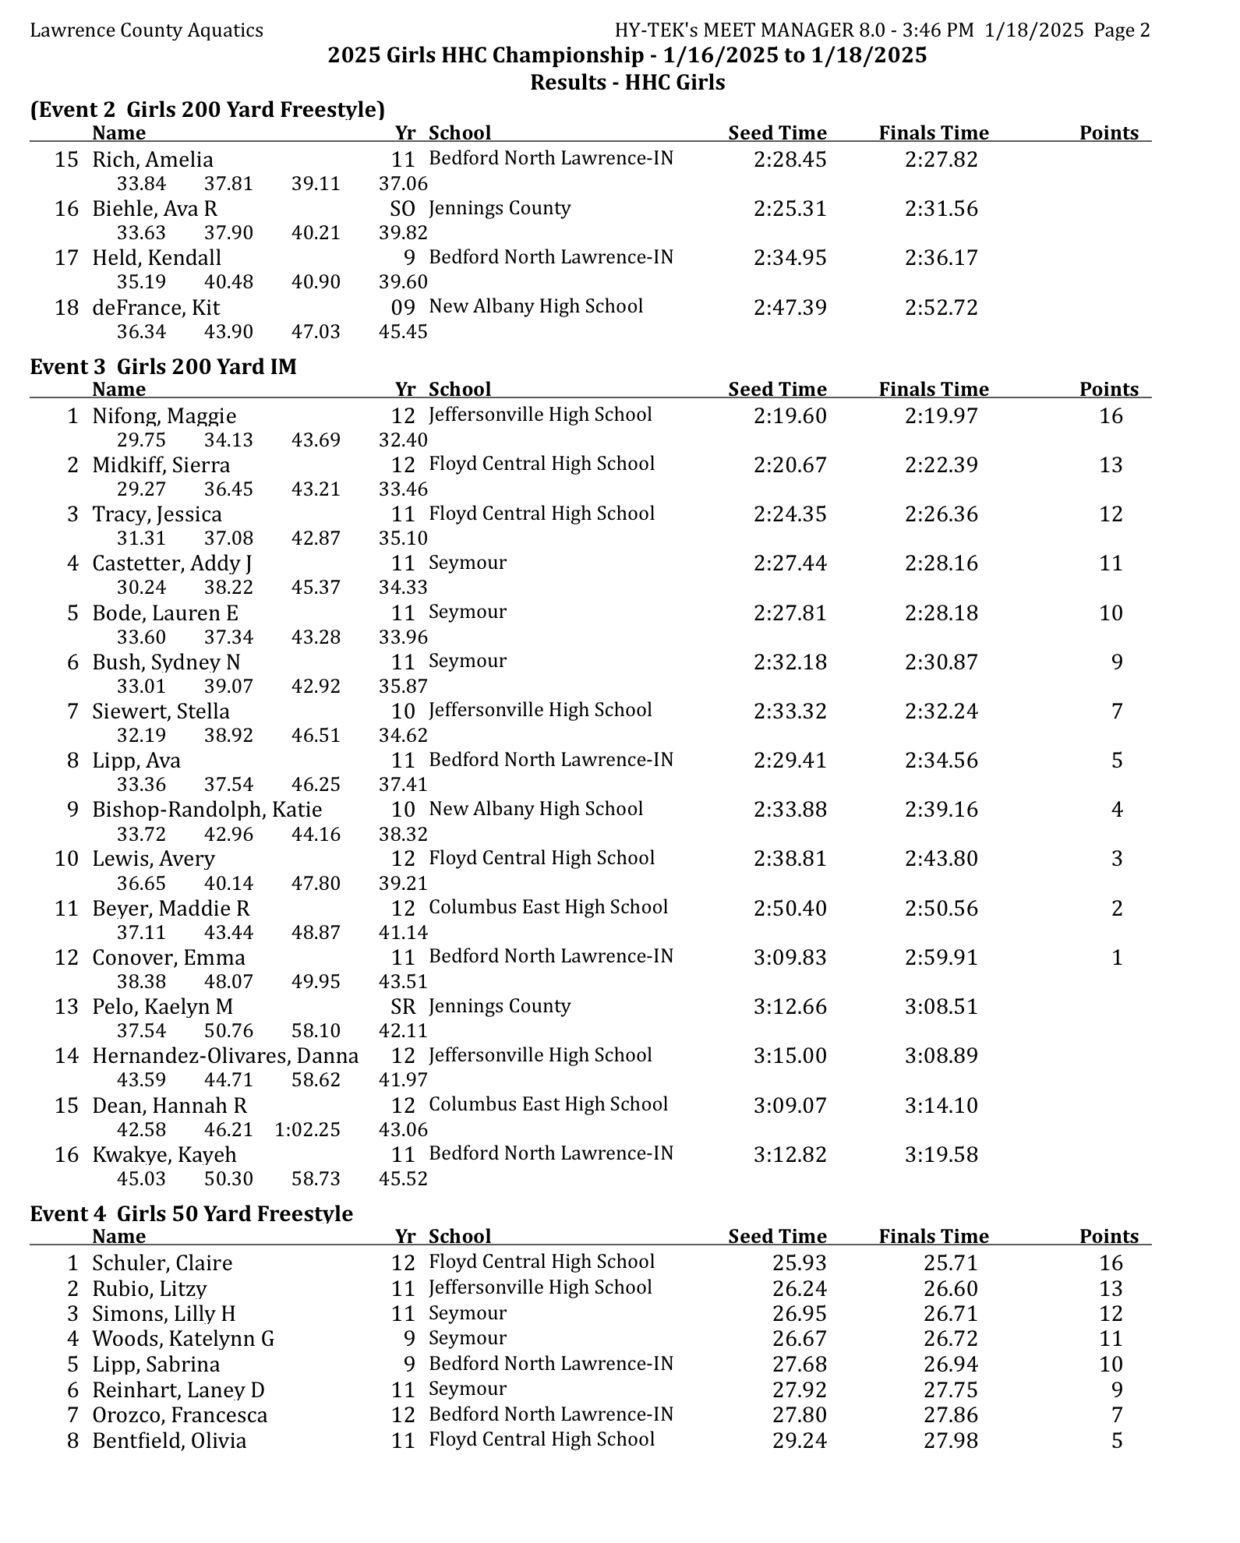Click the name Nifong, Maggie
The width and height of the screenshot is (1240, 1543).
[x=164, y=416]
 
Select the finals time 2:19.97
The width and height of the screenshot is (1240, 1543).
[x=941, y=416]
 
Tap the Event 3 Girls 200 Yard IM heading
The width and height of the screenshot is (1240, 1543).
[x=163, y=366]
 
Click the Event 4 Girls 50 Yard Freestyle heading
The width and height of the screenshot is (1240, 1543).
[x=191, y=1213]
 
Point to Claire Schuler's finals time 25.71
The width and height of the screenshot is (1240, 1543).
[x=950, y=1262]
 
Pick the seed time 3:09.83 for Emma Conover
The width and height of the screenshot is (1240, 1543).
[x=790, y=958]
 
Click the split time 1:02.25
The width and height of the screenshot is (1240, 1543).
[x=307, y=1129]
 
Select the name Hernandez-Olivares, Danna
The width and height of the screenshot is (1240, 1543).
[x=225, y=1056]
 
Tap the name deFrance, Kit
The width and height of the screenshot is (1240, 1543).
[x=156, y=308]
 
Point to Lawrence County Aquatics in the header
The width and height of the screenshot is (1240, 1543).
[x=147, y=30]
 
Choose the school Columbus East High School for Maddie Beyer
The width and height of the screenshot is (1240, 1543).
[x=548, y=907]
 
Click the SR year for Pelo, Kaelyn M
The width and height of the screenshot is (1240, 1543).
[x=403, y=1007]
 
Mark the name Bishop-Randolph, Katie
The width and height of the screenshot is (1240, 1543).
[x=207, y=810]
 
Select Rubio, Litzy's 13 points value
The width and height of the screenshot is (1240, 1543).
[x=1111, y=1288]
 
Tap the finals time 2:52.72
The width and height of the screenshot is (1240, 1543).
[x=941, y=308]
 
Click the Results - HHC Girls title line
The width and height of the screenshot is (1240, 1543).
[x=627, y=83]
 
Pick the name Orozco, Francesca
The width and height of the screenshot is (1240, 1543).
[x=179, y=1415]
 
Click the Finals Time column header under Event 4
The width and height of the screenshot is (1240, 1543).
[x=933, y=1237]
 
